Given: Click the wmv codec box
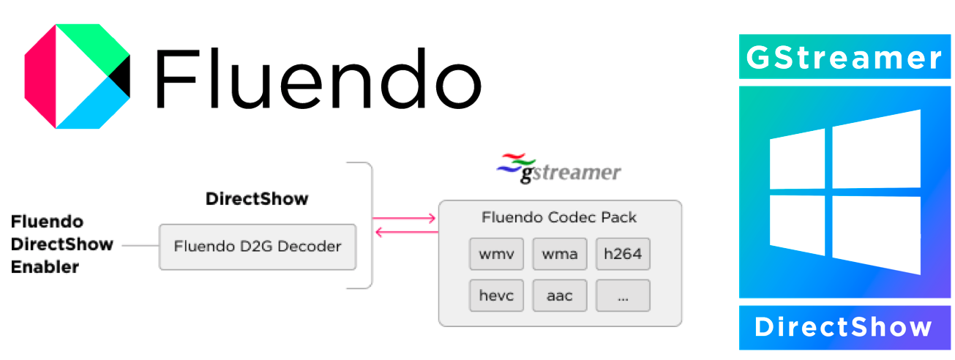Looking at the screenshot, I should tap(496, 255).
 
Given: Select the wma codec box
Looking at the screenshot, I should tap(560, 255).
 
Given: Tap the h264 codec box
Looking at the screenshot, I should tap(623, 255).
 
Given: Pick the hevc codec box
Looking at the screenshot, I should tap(496, 296).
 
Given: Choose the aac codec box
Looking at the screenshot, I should tap(560, 296).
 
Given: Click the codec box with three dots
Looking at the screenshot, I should tap(623, 296).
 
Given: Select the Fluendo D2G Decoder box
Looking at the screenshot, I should tap(258, 247).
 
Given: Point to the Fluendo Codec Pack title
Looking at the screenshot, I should tap(559, 217).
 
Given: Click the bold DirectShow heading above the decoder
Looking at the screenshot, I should tap(257, 198).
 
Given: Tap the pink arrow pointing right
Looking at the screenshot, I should tap(404, 217).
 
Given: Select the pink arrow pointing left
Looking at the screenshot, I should tap(405, 233).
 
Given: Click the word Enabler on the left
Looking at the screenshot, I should tap(45, 268).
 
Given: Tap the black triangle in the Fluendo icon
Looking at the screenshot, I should tap(121, 77).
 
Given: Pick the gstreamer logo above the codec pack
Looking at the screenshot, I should tap(558, 170).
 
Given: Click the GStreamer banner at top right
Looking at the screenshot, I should tap(844, 57).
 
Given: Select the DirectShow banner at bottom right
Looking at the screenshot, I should tap(844, 327).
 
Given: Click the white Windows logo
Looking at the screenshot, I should tap(844, 192).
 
